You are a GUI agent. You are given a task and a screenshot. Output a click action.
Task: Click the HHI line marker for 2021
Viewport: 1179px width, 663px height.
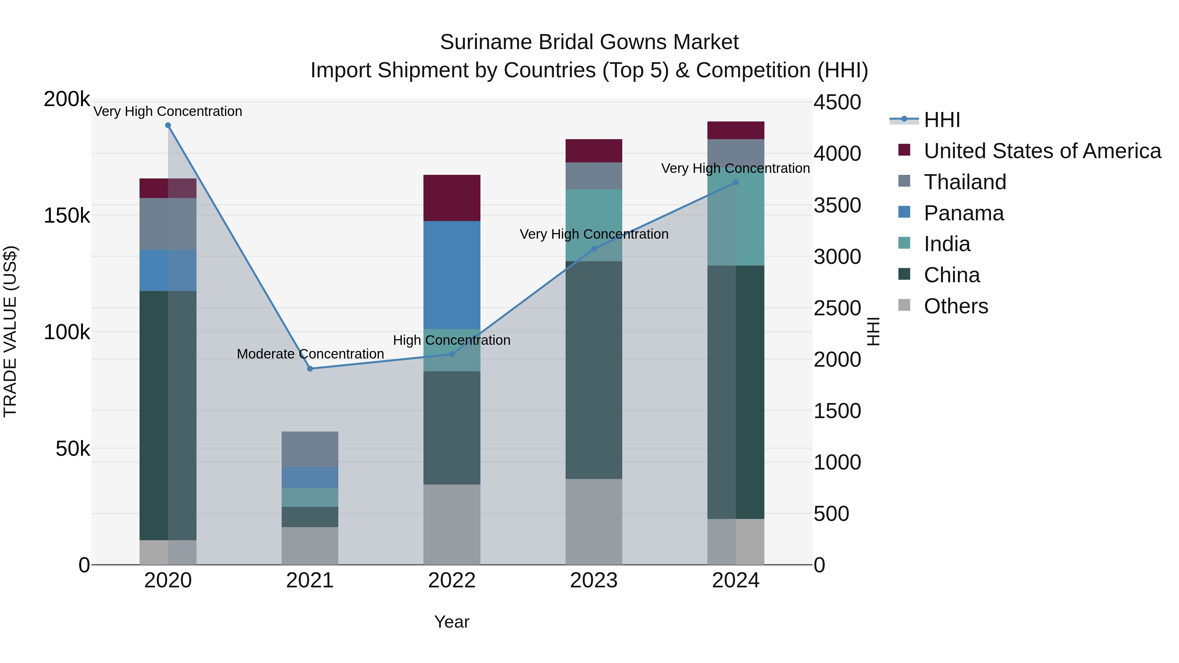[310, 368]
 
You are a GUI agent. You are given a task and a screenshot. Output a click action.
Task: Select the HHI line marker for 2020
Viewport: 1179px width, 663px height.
[168, 125]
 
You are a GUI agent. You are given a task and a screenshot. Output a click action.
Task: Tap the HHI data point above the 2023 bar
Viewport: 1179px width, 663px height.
[594, 249]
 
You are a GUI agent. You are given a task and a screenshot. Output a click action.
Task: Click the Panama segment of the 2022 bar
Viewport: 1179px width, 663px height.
[452, 275]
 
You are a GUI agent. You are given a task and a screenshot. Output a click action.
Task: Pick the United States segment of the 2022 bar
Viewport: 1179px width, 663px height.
[452, 198]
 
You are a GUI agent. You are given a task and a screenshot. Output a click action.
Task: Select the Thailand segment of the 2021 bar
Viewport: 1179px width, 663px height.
[310, 449]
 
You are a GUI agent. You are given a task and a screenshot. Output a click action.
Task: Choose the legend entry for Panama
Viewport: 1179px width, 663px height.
[964, 213]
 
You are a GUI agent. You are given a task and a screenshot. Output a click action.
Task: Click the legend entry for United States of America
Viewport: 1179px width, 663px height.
[1042, 151]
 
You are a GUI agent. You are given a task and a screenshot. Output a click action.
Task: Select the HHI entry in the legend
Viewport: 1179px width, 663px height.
[942, 120]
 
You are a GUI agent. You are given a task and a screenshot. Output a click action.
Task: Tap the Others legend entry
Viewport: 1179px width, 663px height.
[956, 306]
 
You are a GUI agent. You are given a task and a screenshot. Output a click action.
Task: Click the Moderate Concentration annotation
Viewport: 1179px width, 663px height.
[310, 354]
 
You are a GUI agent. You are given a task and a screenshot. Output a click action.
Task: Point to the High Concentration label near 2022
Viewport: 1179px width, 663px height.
[452, 340]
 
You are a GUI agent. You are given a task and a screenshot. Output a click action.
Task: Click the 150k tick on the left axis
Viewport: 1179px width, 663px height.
[67, 215]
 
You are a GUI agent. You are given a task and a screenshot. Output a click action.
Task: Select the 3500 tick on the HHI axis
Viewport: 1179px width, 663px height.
[837, 205]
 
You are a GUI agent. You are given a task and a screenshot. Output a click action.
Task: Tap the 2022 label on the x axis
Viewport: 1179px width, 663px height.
[452, 580]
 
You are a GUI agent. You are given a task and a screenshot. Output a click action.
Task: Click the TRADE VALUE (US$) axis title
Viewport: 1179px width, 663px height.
[10, 331]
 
